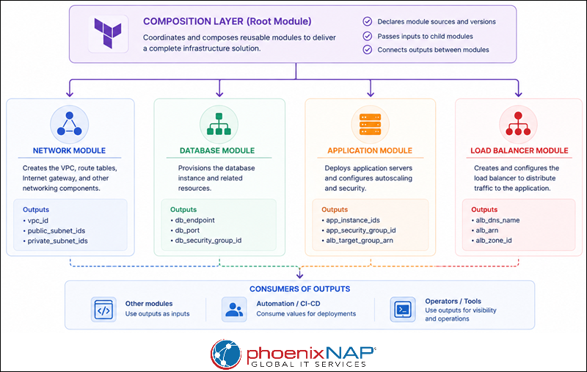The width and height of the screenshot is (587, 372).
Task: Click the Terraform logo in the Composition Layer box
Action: tap(108, 33)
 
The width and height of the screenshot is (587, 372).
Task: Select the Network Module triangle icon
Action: tap(69, 124)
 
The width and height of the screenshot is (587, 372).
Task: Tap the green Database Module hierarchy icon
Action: tap(219, 124)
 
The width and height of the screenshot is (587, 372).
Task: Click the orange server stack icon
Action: tap(370, 124)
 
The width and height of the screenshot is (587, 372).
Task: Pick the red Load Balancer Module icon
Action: tap(518, 124)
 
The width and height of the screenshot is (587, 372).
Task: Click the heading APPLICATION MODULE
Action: tap(370, 150)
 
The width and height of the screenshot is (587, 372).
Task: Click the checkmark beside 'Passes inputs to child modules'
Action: tap(368, 36)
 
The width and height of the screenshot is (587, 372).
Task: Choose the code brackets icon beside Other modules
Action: tap(103, 310)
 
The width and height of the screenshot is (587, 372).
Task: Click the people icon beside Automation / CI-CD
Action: tap(234, 310)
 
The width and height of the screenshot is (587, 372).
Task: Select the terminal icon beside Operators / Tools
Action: tap(403, 310)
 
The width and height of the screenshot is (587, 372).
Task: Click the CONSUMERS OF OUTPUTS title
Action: tap(300, 289)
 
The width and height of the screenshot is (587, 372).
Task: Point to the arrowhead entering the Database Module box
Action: tap(219, 94)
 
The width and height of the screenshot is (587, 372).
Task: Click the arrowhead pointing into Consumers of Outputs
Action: tap(299, 275)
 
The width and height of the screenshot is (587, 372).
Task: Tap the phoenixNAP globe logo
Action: tap(226, 354)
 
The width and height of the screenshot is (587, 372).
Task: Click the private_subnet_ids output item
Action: tap(57, 241)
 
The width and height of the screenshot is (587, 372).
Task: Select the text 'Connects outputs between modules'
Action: tap(433, 50)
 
